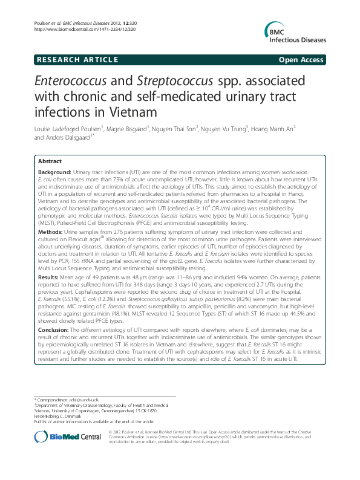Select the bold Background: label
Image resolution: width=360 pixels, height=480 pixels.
coord(56,172)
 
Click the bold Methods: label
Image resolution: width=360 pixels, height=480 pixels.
coord(51,231)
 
